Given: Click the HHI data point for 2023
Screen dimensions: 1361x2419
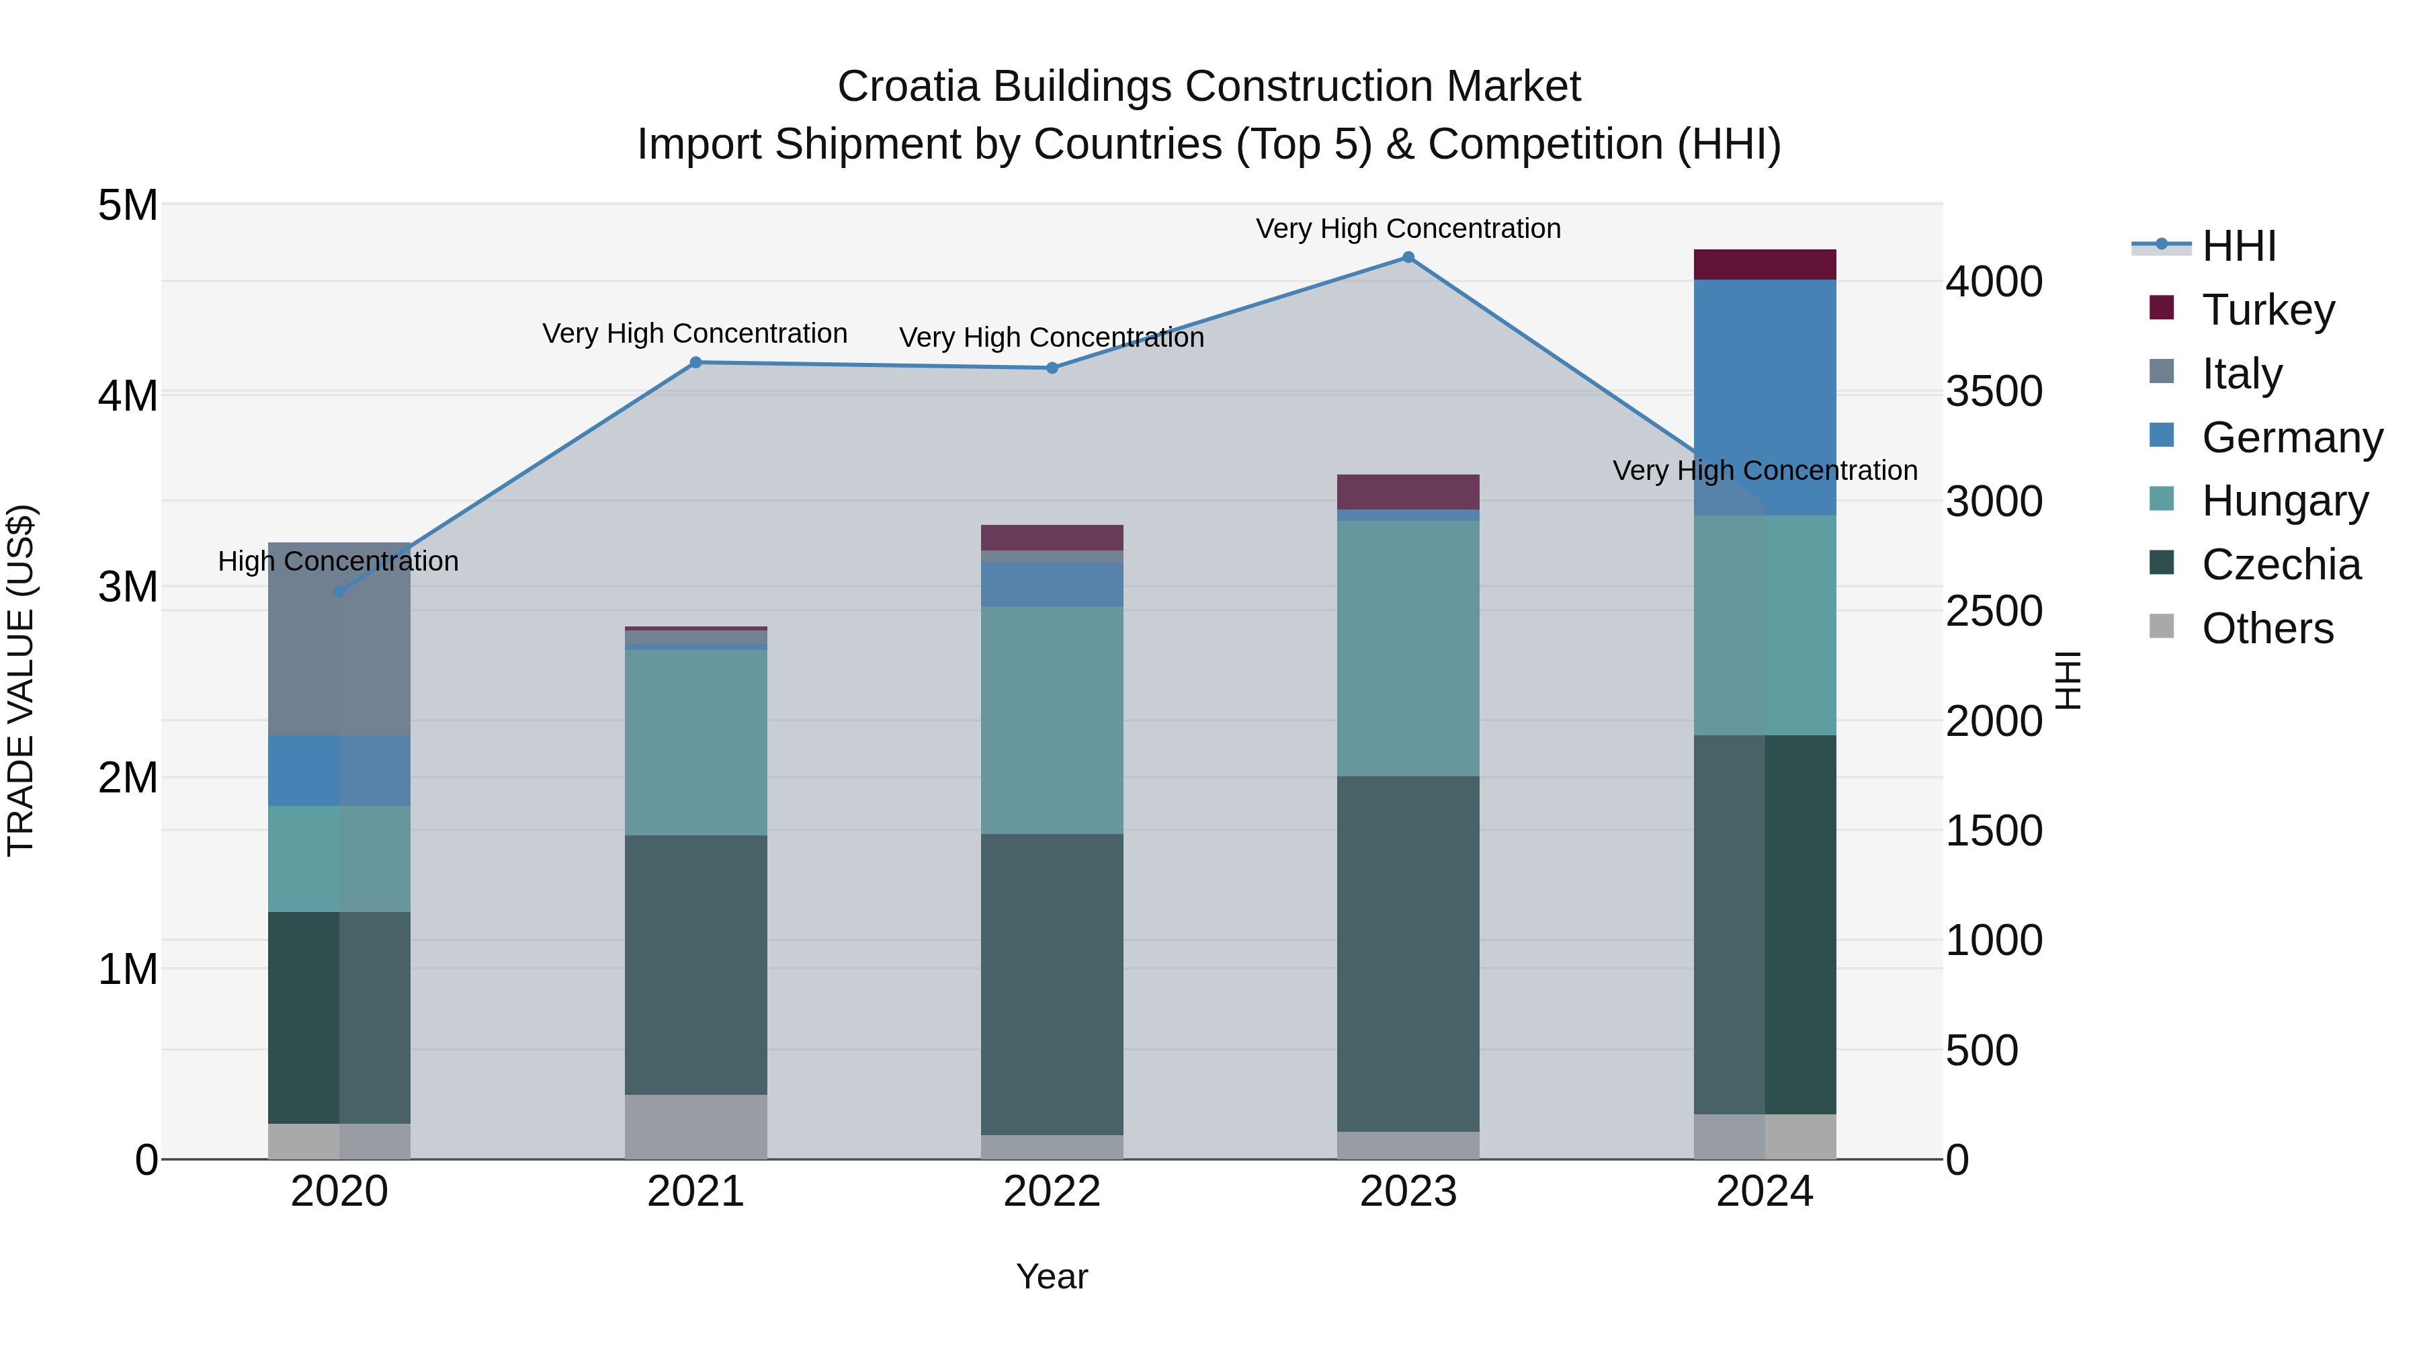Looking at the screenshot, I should pyautogui.click(x=1408, y=257).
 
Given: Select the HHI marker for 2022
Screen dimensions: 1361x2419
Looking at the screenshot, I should pyautogui.click(x=1052, y=368).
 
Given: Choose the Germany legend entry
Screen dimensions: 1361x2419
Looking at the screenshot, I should pyautogui.click(x=2291, y=438).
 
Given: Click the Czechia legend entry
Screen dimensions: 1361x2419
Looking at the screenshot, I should pyautogui.click(x=2280, y=565).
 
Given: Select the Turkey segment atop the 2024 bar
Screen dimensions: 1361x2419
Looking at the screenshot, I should pyautogui.click(x=1765, y=265).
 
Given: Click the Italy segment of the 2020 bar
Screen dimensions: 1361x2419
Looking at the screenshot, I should pyautogui.click(x=339, y=638).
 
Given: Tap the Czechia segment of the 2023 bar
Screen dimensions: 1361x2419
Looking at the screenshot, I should pyautogui.click(x=1408, y=953).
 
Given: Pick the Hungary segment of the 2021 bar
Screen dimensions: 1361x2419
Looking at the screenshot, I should pyautogui.click(x=696, y=742).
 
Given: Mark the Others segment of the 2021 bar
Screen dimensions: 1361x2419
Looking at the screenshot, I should pyautogui.click(x=696, y=1126).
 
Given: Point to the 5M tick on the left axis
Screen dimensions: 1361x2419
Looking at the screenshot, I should pyautogui.click(x=128, y=206).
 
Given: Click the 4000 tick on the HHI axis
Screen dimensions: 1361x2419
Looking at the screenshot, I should pyautogui.click(x=1994, y=282).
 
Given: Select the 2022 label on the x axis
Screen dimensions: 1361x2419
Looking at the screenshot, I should pyautogui.click(x=1052, y=1192).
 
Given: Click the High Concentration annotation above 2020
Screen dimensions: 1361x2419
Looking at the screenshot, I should pyautogui.click(x=338, y=562).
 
